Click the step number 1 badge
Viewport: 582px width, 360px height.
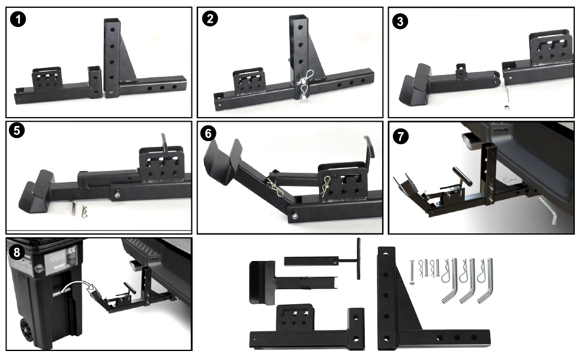pos(20,20)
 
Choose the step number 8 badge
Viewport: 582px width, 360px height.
pos(19,251)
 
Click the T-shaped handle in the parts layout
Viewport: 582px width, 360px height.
pos(358,258)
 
